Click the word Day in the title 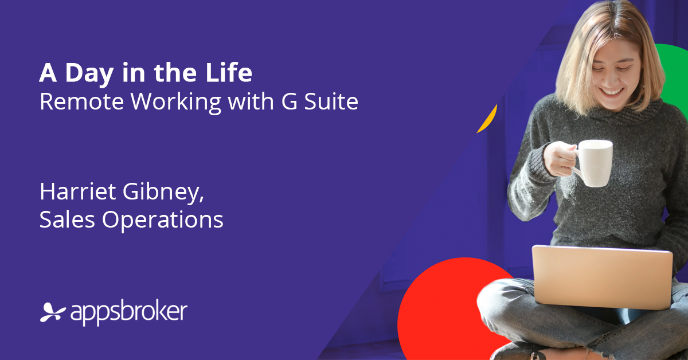pyautogui.click(x=89, y=74)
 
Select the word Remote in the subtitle pyautogui.click(x=81, y=101)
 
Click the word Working pyautogui.click(x=176, y=103)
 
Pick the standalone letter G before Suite pyautogui.click(x=290, y=101)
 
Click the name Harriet pyautogui.click(x=78, y=191)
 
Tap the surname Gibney pyautogui.click(x=163, y=193)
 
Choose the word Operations pyautogui.click(x=163, y=221)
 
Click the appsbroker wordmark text pyautogui.click(x=129, y=312)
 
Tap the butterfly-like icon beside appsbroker pyautogui.click(x=53, y=312)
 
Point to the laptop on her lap pyautogui.click(x=602, y=277)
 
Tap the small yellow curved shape pyautogui.click(x=489, y=119)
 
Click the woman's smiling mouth pyautogui.click(x=611, y=92)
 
